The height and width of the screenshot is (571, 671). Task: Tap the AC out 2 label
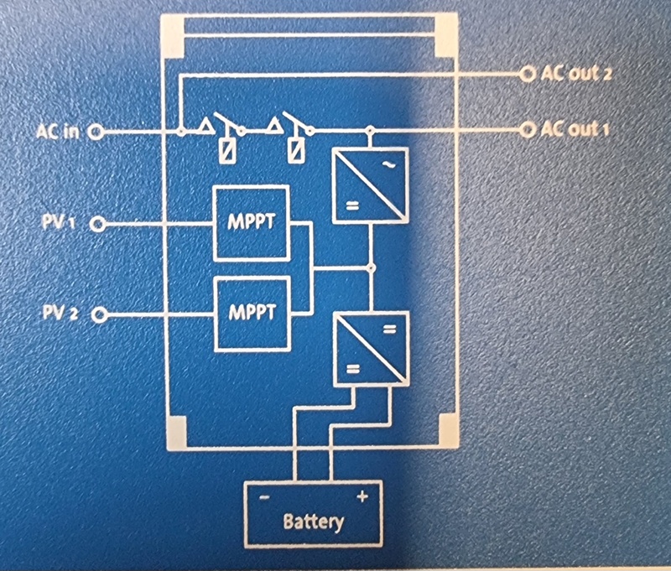point(576,74)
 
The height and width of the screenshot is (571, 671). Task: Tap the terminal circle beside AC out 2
point(528,74)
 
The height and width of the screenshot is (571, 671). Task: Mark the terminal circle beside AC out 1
point(528,130)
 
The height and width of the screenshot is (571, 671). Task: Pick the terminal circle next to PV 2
point(98,314)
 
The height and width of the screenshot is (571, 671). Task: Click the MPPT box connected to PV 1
point(251,223)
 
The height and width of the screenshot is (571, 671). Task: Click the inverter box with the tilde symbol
point(370,184)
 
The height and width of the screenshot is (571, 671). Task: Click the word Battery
point(313,522)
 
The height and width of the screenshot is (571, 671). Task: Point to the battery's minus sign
point(264,497)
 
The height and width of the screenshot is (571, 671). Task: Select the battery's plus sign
point(362,496)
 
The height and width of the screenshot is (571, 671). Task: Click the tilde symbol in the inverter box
point(388,165)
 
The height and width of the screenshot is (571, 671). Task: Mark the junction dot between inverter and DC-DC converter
point(370,268)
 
